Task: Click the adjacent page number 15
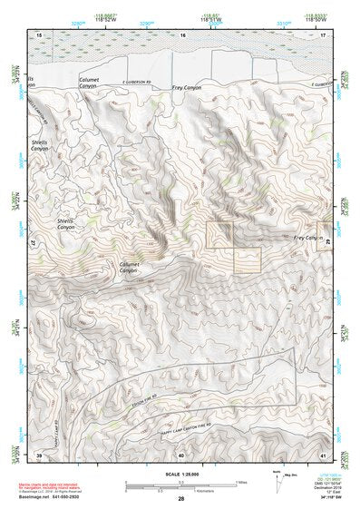[x=39, y=34]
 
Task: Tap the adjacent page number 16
[x=181, y=34]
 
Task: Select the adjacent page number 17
[x=323, y=34]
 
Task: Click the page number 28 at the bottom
[x=180, y=499]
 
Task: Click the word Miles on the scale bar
[x=240, y=481]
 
